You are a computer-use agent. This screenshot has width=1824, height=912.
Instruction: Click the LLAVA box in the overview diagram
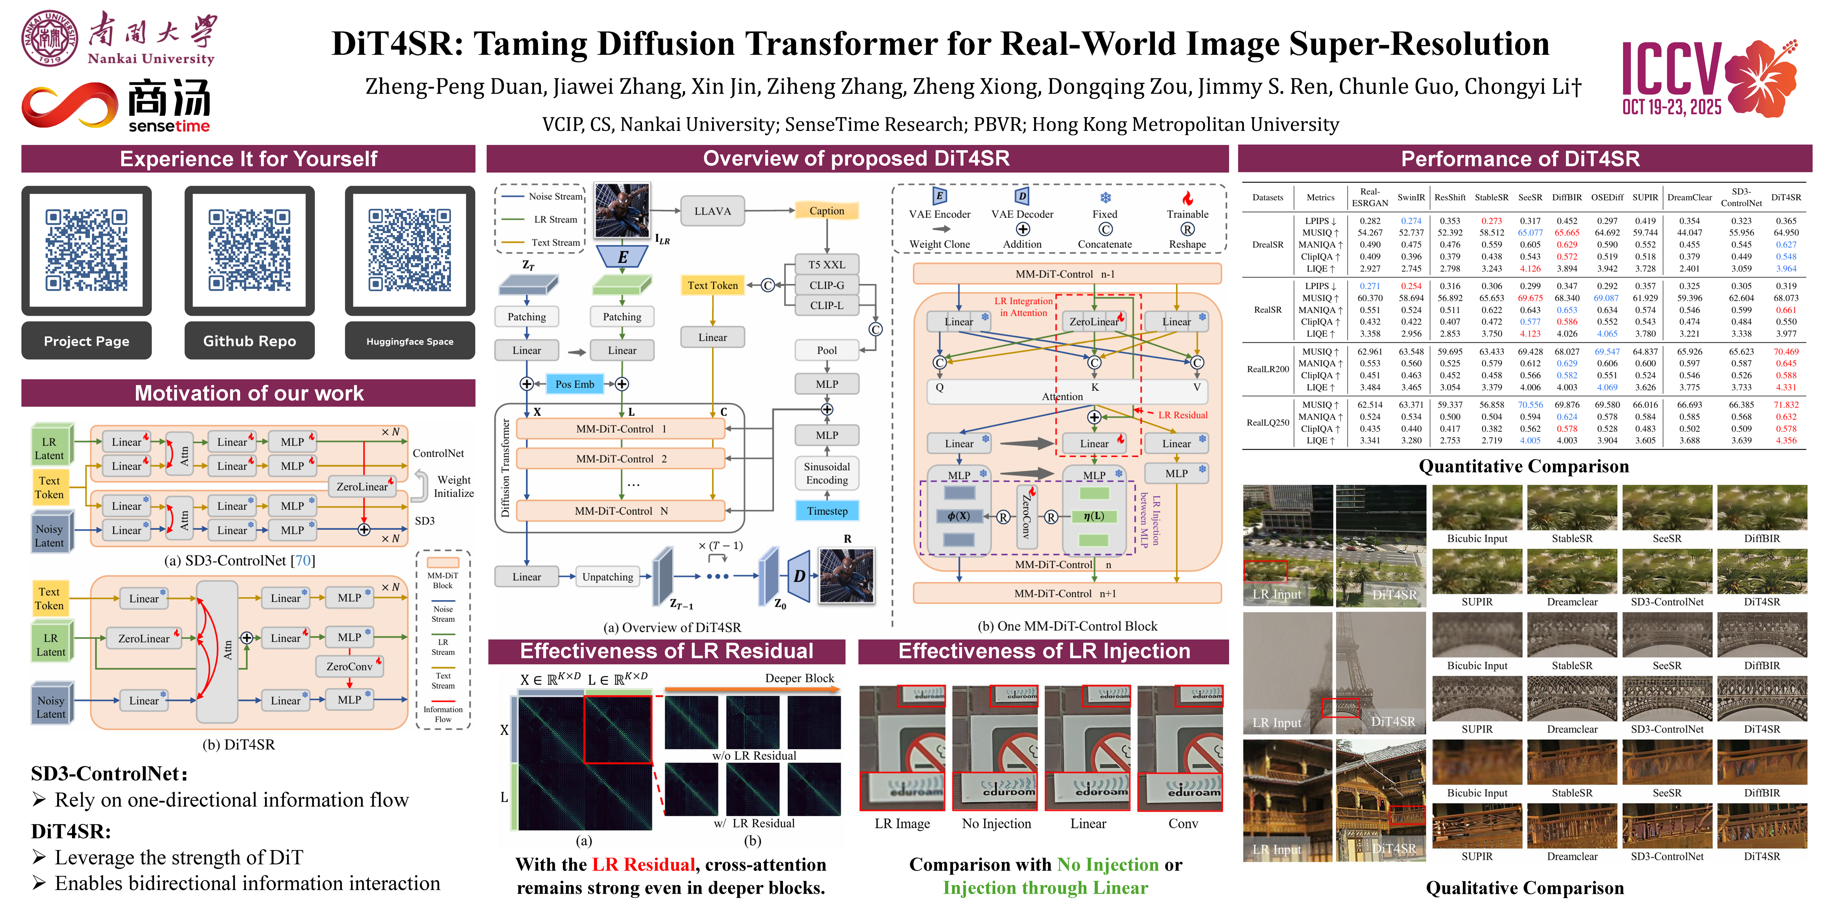[712, 211]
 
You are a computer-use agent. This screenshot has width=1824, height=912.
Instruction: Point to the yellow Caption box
[826, 211]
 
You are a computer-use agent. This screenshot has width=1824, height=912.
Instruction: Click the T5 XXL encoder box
[826, 265]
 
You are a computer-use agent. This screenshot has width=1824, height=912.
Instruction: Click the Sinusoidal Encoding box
[826, 473]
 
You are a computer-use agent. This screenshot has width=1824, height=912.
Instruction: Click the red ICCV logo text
[1671, 69]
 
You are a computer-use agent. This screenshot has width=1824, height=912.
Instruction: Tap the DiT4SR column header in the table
[1785, 198]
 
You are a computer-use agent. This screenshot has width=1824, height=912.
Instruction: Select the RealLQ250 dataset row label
[1268, 423]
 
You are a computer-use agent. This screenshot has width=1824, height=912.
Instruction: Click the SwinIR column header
[1410, 198]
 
